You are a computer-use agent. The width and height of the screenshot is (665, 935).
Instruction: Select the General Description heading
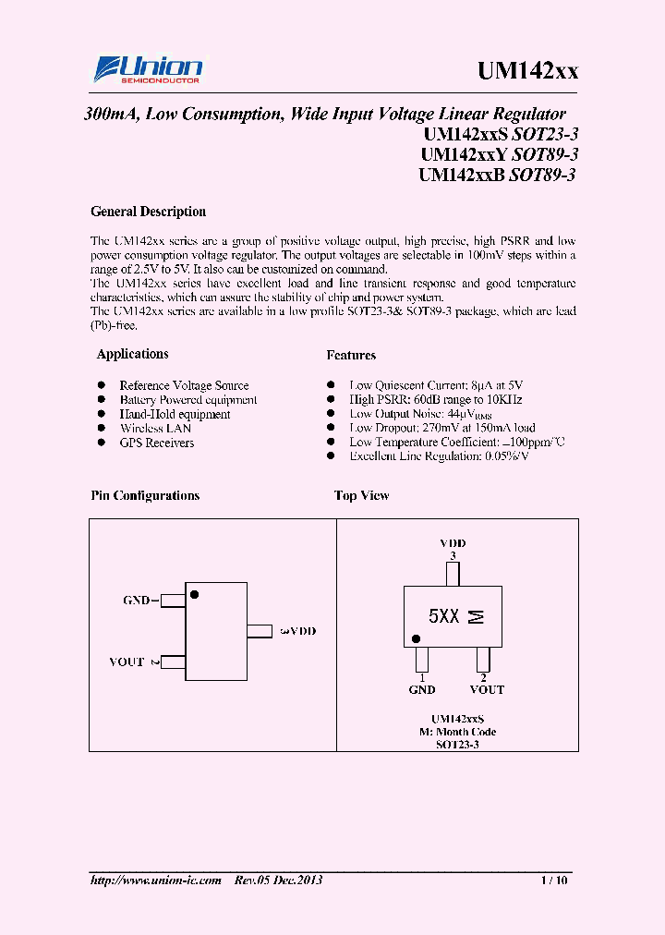point(148,212)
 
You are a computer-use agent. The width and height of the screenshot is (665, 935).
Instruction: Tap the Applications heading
point(132,354)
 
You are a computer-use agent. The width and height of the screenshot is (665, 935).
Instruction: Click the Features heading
point(351,355)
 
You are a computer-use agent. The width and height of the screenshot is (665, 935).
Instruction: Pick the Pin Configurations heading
point(145,496)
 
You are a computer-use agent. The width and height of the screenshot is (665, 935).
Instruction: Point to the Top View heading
point(361,496)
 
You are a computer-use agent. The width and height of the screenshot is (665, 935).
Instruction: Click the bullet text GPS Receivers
point(156,443)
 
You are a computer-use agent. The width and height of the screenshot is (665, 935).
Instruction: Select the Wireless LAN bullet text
point(155,429)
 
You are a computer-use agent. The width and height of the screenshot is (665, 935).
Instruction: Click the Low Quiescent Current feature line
point(437,385)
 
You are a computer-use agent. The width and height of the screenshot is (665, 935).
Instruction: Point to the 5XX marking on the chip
point(443,616)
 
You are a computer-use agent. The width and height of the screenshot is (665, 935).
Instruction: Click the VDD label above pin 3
point(453,543)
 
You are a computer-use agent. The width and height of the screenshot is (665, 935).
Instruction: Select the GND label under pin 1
point(422,689)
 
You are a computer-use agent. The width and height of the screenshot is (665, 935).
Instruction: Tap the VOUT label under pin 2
point(487,689)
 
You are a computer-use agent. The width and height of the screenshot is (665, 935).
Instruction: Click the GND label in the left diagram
point(137,601)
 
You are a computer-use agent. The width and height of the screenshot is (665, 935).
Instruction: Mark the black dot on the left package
point(194,595)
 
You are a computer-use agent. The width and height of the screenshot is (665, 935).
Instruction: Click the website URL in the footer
point(156,880)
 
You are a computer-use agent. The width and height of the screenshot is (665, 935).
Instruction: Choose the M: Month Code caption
point(458,731)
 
